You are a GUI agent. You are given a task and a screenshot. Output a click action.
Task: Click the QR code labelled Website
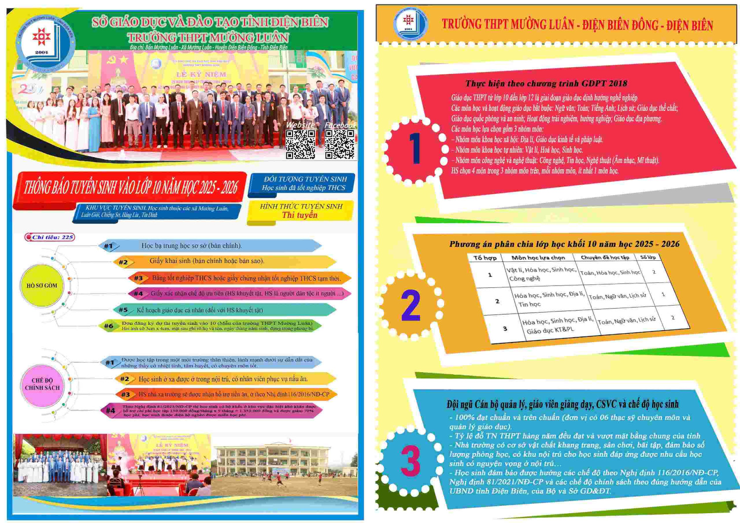coord(300,144)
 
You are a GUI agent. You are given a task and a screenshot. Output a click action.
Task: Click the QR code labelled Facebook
coord(339,144)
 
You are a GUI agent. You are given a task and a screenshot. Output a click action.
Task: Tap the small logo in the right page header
coord(408,22)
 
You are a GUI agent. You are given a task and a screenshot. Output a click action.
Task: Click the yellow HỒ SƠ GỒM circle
coord(42,285)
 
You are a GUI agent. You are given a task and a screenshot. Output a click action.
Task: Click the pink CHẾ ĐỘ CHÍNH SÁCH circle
coord(42,384)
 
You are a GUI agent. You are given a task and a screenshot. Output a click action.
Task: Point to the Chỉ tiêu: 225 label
coord(50,237)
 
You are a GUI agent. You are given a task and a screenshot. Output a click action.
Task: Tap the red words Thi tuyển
coord(299,215)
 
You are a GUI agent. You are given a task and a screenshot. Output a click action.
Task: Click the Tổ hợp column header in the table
coord(484,258)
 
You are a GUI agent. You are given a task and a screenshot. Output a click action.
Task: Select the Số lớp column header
coord(648,257)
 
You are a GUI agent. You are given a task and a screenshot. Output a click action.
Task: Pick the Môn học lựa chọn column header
coord(538,258)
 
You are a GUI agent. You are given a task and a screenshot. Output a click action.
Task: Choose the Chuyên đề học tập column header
coord(605,257)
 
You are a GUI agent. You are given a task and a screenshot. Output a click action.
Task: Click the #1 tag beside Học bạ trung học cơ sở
coord(109,245)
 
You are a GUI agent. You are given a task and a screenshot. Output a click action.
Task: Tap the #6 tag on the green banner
coord(109,326)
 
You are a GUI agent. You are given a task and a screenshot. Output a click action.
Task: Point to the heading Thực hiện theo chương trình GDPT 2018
coord(546,83)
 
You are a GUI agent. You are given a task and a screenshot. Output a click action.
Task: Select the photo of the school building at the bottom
coord(285,465)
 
